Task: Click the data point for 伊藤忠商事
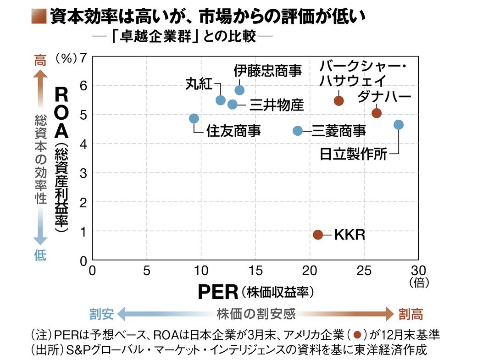point(239,90)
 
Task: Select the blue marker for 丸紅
point(220,100)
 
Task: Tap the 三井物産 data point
point(233,104)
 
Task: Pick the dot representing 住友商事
point(194,118)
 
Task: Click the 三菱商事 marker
point(298,131)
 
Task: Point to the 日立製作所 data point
point(399,125)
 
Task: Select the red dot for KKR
point(318,234)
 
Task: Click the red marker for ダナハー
point(377,113)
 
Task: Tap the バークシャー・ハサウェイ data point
point(338,101)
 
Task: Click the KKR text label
point(349,235)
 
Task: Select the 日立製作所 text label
point(353,154)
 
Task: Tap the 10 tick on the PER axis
point(201,270)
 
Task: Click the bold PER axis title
point(218,292)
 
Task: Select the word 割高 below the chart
point(410,314)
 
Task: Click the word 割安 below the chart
point(101,314)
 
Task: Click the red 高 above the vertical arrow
point(40,60)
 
